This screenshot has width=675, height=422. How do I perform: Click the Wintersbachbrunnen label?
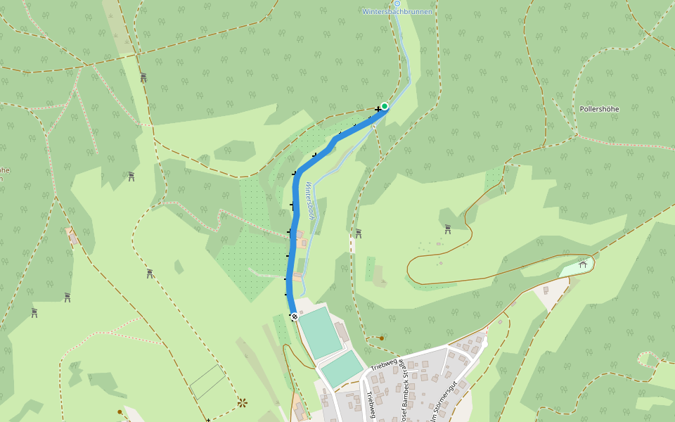(397, 12)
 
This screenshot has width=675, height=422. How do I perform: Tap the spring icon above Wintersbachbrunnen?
(397, 3)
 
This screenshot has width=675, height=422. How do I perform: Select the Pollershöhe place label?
(599, 109)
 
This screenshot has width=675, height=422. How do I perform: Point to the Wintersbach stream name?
(310, 200)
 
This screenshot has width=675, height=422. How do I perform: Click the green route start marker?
(385, 106)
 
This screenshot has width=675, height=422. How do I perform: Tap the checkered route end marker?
(295, 316)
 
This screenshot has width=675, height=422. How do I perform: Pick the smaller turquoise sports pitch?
(342, 368)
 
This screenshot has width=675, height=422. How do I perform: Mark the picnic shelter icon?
(582, 264)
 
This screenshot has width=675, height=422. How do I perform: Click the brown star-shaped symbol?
(243, 402)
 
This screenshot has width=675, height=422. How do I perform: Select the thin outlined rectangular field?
(207, 382)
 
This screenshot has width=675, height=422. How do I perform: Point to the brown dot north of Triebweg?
(382, 338)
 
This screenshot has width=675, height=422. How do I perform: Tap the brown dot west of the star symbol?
(120, 411)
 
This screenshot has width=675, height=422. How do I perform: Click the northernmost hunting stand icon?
(143, 77)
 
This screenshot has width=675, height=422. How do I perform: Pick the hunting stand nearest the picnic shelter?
(447, 229)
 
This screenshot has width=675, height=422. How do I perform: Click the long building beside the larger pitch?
(342, 331)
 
